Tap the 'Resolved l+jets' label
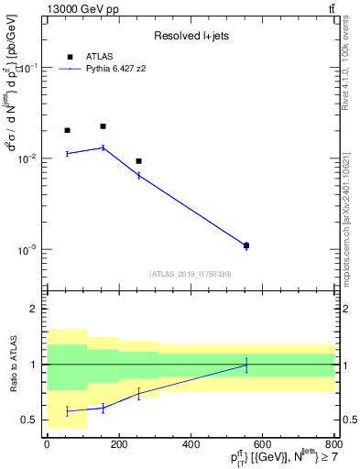tap(191, 35)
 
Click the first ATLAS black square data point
tap(67, 130)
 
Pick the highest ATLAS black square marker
tap(103, 126)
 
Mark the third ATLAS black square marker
tap(138, 161)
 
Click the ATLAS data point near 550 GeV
tap(246, 245)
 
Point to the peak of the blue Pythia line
tap(103, 147)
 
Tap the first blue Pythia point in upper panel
tap(67, 154)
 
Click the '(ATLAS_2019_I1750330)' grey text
tap(190, 274)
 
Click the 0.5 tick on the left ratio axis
tap(32, 420)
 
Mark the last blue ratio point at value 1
tap(246, 365)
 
